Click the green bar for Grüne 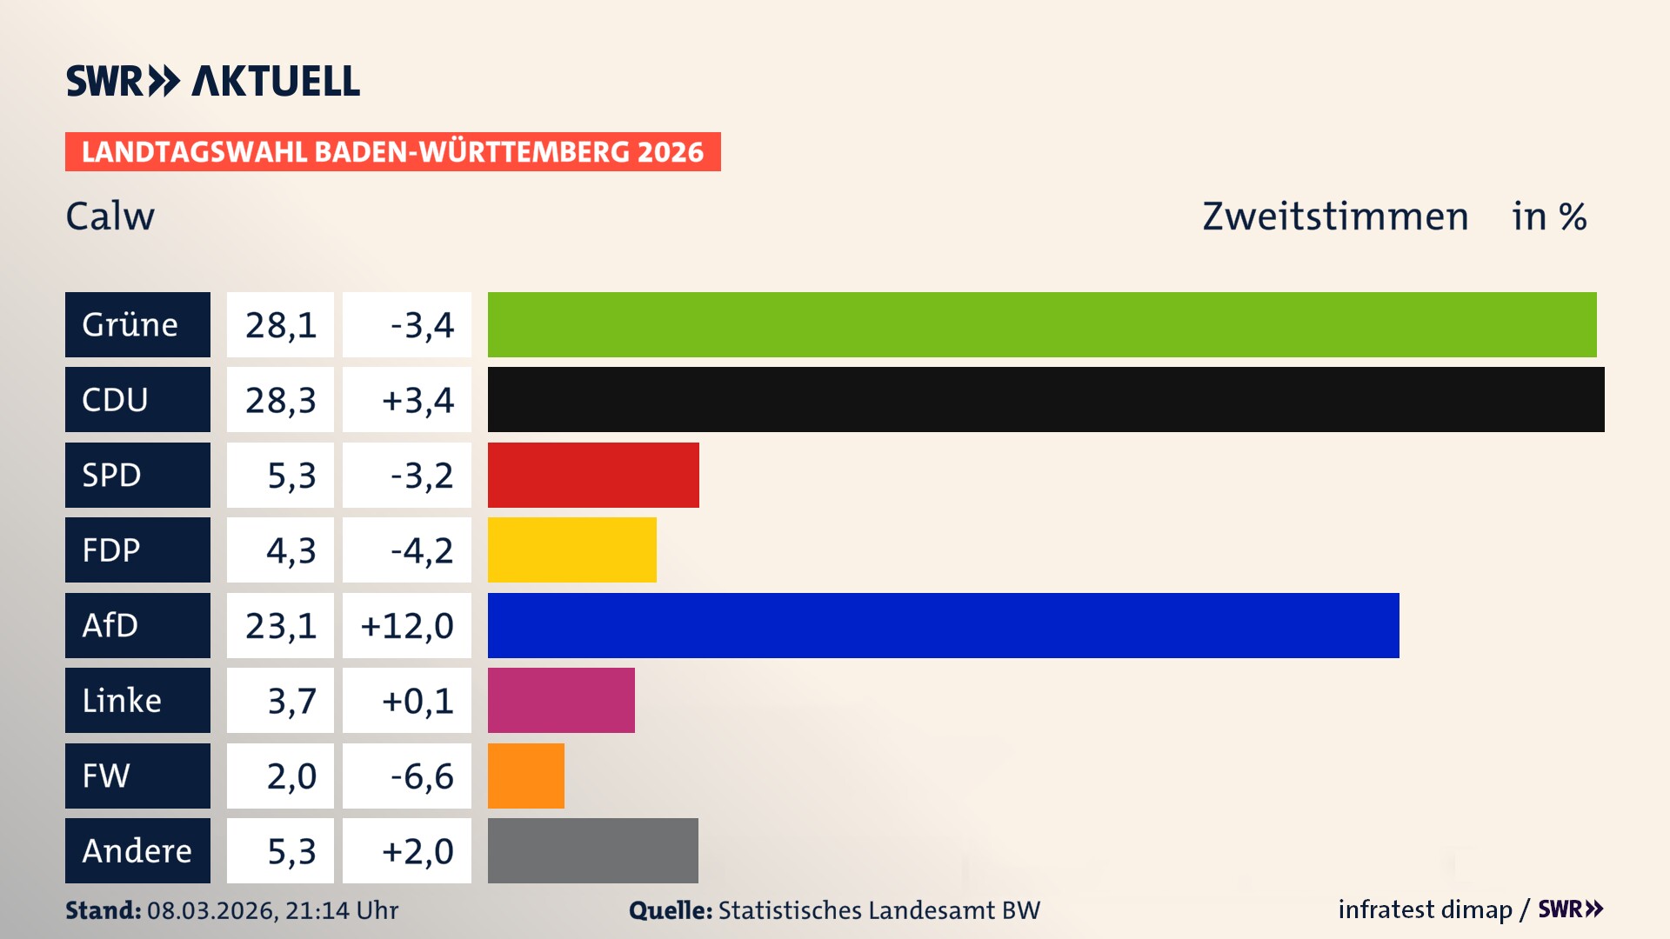pyautogui.click(x=1042, y=324)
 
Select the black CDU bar pyautogui.click(x=1045, y=399)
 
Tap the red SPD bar pyautogui.click(x=593, y=475)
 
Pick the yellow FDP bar pyautogui.click(x=571, y=549)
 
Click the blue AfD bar pyautogui.click(x=943, y=625)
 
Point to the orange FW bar pyautogui.click(x=525, y=776)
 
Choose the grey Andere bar pyautogui.click(x=592, y=850)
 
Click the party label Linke pyautogui.click(x=122, y=700)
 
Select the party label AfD pyautogui.click(x=110, y=625)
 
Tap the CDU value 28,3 pyautogui.click(x=280, y=400)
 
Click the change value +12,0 pyautogui.click(x=407, y=626)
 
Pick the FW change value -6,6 pyautogui.click(x=422, y=776)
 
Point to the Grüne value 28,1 pyautogui.click(x=280, y=325)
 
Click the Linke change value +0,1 pyautogui.click(x=417, y=701)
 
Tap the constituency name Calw pyautogui.click(x=110, y=216)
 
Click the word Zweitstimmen pyautogui.click(x=1335, y=216)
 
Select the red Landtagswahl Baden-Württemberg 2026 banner pyautogui.click(x=392, y=151)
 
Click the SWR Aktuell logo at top pyautogui.click(x=213, y=81)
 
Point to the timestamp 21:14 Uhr pyautogui.click(x=341, y=910)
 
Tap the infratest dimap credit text pyautogui.click(x=1425, y=909)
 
